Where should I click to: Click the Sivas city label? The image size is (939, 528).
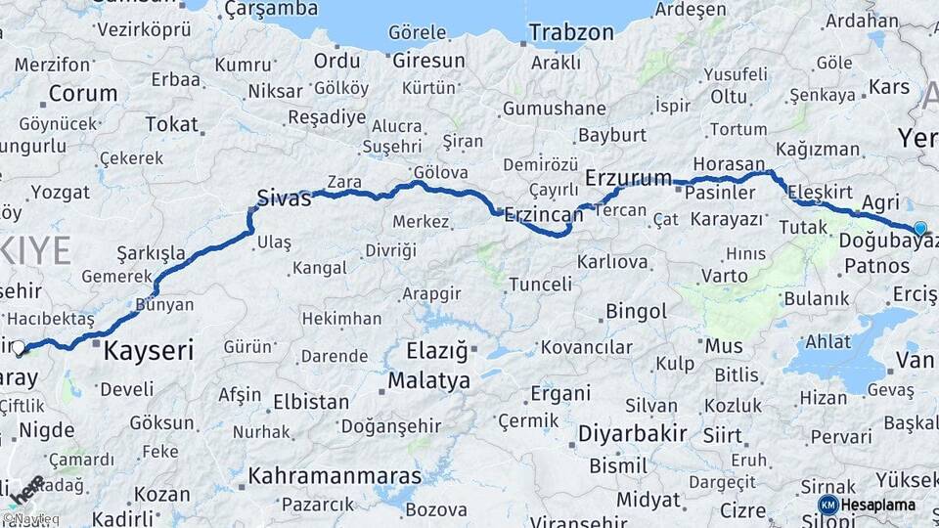(284, 198)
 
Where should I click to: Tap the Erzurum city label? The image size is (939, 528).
(628, 178)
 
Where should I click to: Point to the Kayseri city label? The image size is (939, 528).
(148, 349)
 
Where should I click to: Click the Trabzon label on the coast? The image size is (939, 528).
(571, 32)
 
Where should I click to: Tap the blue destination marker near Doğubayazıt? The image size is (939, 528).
(919, 229)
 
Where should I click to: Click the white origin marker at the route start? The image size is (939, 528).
(20, 346)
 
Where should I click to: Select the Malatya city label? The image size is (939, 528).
(428, 379)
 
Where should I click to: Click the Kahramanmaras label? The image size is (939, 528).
(335, 476)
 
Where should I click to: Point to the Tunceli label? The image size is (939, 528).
(540, 285)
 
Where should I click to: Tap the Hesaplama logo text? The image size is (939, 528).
(877, 505)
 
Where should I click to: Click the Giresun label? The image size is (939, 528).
(428, 61)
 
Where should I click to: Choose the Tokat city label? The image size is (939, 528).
(171, 124)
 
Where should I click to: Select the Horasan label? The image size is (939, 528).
(728, 163)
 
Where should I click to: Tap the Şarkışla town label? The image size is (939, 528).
(151, 253)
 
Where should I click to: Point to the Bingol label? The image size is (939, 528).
(636, 313)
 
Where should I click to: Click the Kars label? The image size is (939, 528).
(888, 88)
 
